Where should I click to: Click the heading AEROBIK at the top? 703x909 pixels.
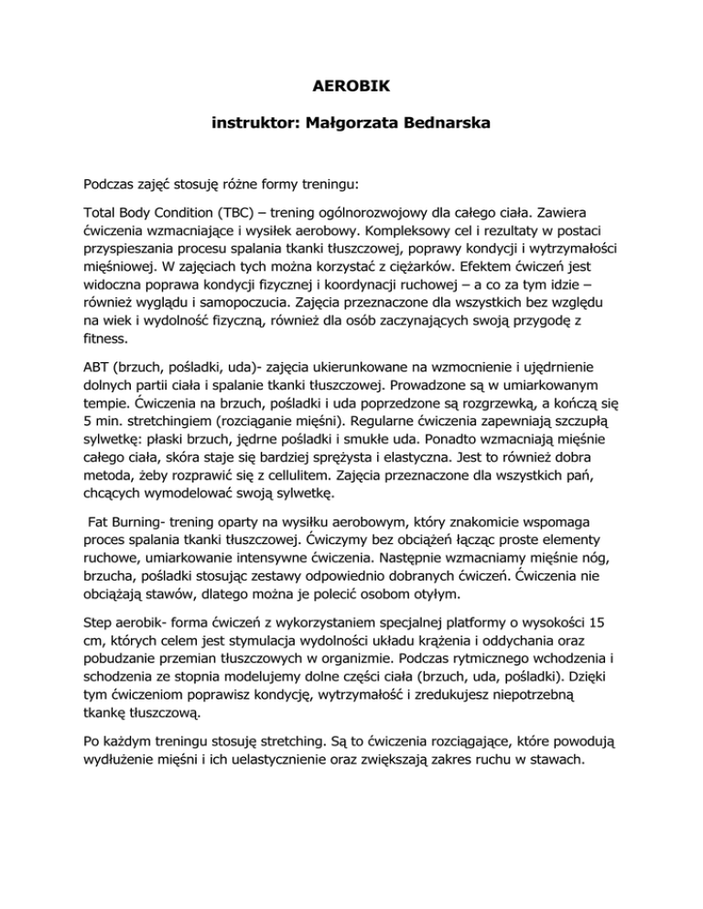pos(351,91)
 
